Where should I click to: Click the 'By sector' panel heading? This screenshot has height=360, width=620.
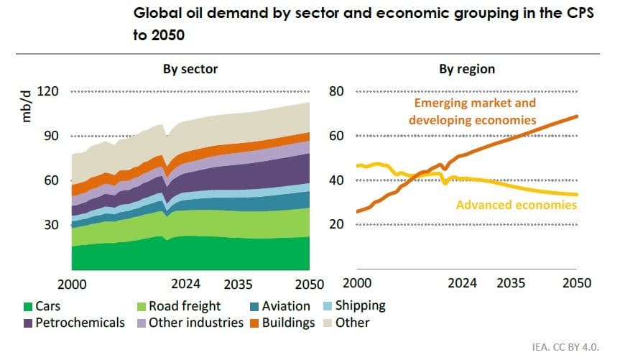(x=190, y=70)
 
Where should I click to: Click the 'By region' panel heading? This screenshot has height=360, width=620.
(x=467, y=70)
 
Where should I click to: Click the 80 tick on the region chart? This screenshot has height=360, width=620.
(x=338, y=92)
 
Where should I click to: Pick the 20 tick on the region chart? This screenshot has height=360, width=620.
(x=338, y=225)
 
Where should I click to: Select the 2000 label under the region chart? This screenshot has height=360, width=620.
(x=357, y=283)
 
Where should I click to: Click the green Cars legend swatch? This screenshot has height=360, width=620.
(x=28, y=306)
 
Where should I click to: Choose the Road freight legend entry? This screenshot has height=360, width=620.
(x=185, y=306)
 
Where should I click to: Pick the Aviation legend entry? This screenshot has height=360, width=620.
(x=285, y=306)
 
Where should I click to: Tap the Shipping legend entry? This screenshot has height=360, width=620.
(x=358, y=306)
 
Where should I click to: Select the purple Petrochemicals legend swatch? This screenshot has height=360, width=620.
(x=28, y=323)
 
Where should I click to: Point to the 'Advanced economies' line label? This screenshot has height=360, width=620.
(x=517, y=206)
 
